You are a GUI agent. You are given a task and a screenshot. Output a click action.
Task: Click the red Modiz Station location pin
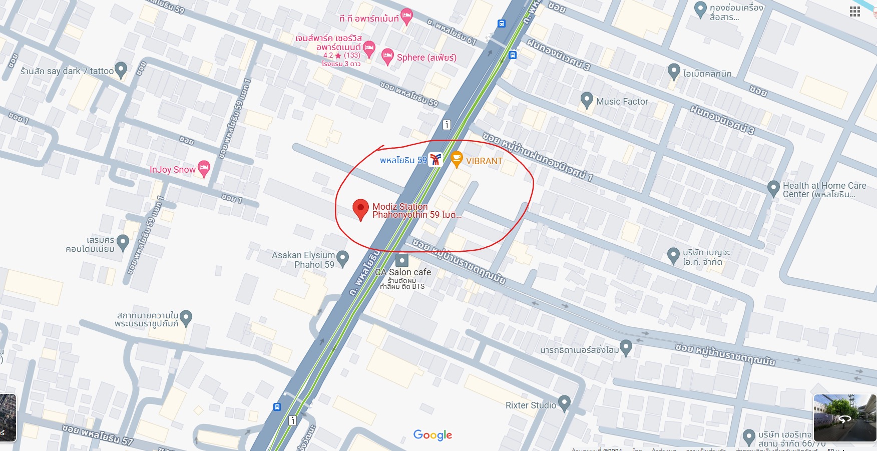[x=360, y=209]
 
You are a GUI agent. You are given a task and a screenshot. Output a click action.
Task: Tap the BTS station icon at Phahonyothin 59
[x=435, y=160]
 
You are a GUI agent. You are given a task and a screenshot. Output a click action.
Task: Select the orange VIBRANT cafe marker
[x=457, y=159]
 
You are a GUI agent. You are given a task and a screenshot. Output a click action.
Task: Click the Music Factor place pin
[x=587, y=100]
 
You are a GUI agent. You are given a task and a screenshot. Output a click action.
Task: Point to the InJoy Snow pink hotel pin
[x=203, y=168]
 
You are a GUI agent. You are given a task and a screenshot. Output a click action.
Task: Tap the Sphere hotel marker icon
[x=387, y=56]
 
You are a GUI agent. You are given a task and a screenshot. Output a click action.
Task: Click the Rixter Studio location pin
[x=564, y=402]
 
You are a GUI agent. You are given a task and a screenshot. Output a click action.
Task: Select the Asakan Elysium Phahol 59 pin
[x=342, y=258]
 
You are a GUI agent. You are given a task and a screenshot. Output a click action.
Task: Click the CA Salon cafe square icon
[x=401, y=260]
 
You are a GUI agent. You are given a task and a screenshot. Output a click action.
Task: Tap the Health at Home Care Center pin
[x=773, y=188]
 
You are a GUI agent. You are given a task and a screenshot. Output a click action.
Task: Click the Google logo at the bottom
[x=432, y=435]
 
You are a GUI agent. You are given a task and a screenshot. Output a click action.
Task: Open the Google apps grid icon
[x=854, y=12]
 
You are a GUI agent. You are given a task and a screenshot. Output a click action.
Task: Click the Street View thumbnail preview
[x=844, y=418]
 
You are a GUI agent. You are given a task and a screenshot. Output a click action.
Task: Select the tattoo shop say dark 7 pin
[x=121, y=70]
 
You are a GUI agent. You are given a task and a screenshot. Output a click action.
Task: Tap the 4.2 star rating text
[x=341, y=55]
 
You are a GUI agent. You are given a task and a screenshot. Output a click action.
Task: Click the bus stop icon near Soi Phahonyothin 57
[x=277, y=407]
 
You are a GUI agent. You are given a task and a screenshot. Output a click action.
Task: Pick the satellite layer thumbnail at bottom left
[x=8, y=418]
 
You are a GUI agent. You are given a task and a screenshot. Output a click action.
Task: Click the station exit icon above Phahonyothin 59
[x=447, y=125]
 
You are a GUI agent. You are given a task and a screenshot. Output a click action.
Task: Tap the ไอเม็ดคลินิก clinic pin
[x=674, y=72]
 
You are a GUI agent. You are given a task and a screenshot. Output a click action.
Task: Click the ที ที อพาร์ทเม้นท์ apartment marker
[x=406, y=16]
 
